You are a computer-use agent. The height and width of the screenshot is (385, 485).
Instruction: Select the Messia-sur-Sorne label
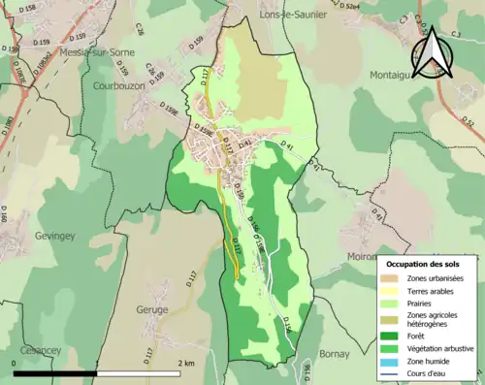[x=99, y=52]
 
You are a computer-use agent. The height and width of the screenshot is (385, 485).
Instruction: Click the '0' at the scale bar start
[x=16, y=363]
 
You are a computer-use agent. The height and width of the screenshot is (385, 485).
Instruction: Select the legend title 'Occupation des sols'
[x=425, y=264]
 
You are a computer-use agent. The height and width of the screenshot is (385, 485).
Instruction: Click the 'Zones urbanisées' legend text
[x=436, y=279]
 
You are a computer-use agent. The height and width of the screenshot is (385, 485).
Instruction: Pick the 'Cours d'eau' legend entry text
[x=429, y=373]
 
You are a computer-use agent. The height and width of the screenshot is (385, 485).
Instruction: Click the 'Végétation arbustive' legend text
[x=441, y=348]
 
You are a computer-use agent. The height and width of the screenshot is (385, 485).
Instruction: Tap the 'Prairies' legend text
[x=422, y=303]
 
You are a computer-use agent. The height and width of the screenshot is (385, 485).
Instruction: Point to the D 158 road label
[x=34, y=12]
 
